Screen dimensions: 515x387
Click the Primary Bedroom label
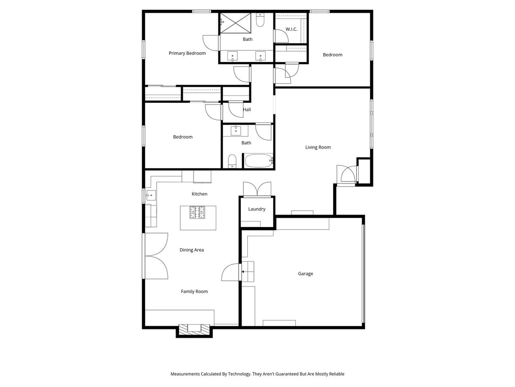tap(187, 53)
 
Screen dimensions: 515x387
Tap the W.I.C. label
tap(291, 29)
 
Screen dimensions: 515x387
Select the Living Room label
tap(318, 147)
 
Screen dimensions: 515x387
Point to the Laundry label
tap(257, 209)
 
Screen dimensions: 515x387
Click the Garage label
tap(305, 274)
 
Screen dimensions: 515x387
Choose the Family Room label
tap(194, 292)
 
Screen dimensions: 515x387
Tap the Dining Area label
tap(192, 250)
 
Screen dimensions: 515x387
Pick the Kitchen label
tap(200, 194)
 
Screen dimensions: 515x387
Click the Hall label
tap(247, 110)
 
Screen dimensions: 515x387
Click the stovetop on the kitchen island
tap(197, 212)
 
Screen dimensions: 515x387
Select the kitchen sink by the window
tap(151, 195)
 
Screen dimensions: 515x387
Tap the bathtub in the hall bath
tap(259, 161)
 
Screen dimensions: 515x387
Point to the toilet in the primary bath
tap(260, 20)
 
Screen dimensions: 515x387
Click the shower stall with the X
tap(236, 23)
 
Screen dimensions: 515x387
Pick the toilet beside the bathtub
tap(232, 161)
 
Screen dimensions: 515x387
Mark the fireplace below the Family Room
tap(194, 329)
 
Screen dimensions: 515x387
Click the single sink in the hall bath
tap(236, 131)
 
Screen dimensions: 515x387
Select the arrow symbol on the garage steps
tap(243, 272)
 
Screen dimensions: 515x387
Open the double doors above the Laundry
tap(257, 189)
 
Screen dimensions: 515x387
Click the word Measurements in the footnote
tap(185, 374)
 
